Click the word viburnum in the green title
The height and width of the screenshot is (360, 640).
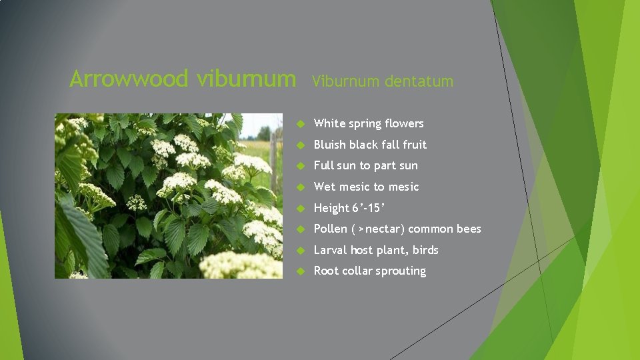[247, 79]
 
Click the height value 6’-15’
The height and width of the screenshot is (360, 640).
[369, 208]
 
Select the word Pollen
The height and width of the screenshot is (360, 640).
[331, 229]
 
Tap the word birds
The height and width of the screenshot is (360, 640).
[425, 250]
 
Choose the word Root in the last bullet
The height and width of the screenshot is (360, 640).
[326, 271]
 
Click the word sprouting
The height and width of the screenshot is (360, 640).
[400, 271]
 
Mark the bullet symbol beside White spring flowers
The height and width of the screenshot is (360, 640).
[301, 124]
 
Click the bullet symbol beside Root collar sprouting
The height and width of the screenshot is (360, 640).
[301, 271]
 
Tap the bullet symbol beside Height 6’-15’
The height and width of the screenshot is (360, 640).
[301, 209]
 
